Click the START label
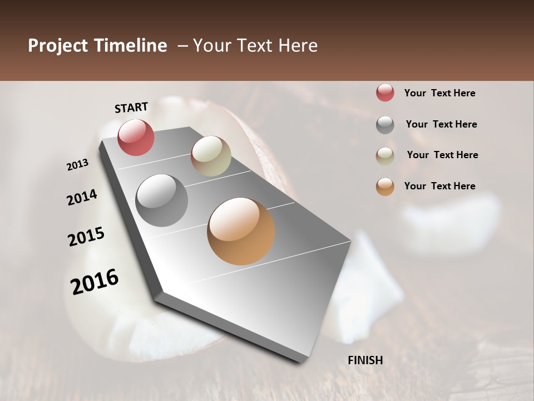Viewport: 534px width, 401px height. pyautogui.click(x=131, y=107)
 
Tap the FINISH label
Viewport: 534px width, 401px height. pyautogui.click(x=365, y=360)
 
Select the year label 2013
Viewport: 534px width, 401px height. pyautogui.click(x=78, y=165)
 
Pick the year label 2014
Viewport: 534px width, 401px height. pyautogui.click(x=82, y=197)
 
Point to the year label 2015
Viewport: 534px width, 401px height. pyautogui.click(x=86, y=237)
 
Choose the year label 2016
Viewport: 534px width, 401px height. pyautogui.click(x=95, y=282)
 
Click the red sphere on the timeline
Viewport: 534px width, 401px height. pyautogui.click(x=136, y=138)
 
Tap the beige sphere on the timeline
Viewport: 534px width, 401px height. pyautogui.click(x=211, y=156)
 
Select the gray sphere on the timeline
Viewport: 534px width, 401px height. pyautogui.click(x=161, y=200)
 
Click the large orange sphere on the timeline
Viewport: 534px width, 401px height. pyautogui.click(x=241, y=231)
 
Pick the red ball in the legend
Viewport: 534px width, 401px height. pyautogui.click(x=385, y=93)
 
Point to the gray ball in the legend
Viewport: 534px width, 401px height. pyautogui.click(x=385, y=125)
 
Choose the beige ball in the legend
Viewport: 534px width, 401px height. pyautogui.click(x=385, y=156)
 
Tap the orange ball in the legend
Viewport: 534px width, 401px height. pyautogui.click(x=385, y=187)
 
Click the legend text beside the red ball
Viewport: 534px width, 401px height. pyautogui.click(x=439, y=94)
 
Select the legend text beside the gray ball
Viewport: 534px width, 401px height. pyautogui.click(x=441, y=124)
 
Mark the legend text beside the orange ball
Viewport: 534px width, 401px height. pyautogui.click(x=439, y=186)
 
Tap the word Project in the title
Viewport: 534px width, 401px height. pyautogui.click(x=58, y=46)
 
